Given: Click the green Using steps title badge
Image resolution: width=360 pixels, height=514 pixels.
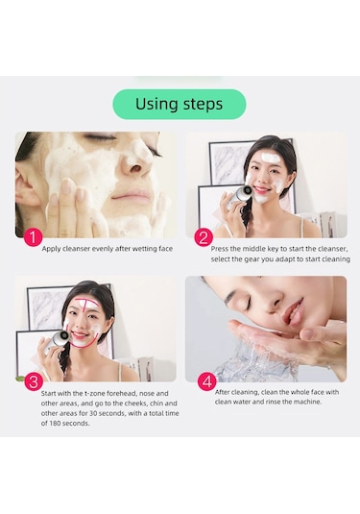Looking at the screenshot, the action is (180, 104).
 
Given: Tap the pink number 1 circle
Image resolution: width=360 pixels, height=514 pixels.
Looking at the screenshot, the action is (33, 237).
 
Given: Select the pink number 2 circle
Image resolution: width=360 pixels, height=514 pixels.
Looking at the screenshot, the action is (204, 237).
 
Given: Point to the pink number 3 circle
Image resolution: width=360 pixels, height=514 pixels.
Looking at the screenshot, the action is (34, 381).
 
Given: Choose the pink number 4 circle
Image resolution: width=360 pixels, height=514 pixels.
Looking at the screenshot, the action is (207, 381).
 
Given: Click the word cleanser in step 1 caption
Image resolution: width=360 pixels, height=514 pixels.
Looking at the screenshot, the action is (76, 249).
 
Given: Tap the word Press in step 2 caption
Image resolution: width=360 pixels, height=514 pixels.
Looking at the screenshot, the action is (219, 249).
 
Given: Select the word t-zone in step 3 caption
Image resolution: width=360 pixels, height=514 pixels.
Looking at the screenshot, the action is (95, 393).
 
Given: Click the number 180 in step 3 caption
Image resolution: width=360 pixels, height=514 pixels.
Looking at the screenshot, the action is (55, 423).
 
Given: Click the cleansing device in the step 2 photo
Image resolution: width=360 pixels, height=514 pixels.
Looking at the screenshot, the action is (239, 196).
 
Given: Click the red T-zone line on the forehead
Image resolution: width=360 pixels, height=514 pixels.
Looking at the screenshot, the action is (86, 303).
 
